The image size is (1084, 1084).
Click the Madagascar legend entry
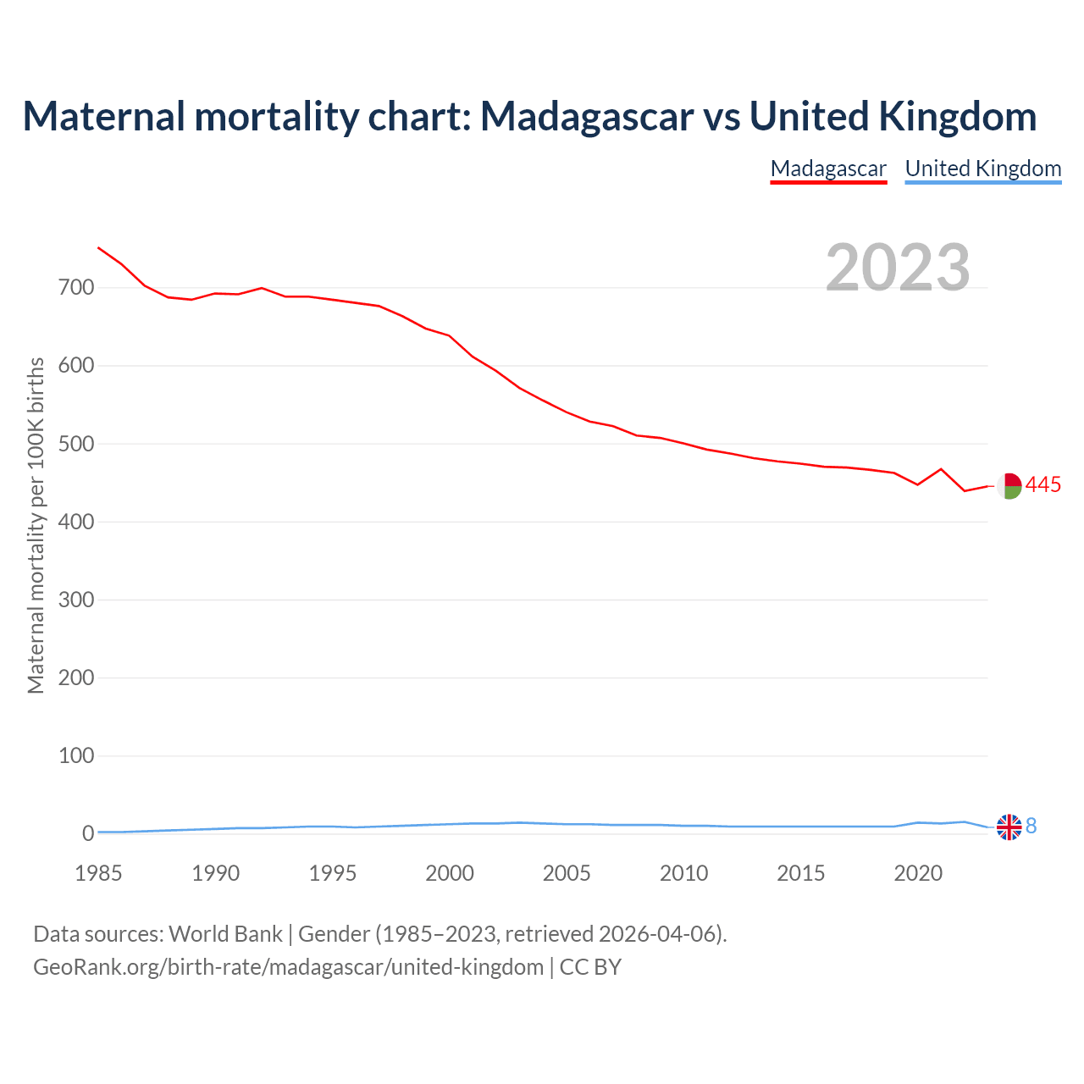point(828,169)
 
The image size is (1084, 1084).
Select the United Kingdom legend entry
point(982,169)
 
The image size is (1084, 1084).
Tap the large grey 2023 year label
point(898,268)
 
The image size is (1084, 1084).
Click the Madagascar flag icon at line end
point(1009,485)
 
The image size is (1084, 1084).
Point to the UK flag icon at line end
point(1009,827)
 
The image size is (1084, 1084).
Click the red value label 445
point(1043,485)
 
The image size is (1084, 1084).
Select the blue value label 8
point(1031,827)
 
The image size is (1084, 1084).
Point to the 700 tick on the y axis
point(76,288)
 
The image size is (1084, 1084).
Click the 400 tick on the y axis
point(76,522)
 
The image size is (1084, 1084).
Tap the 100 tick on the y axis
point(76,755)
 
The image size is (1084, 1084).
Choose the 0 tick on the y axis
point(88,833)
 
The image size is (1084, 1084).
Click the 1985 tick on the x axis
point(98,873)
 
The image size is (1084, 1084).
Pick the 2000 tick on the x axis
point(450,873)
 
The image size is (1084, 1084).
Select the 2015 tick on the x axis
point(801,873)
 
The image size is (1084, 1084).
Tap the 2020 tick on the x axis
point(918,873)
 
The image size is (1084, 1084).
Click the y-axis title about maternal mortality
point(36,525)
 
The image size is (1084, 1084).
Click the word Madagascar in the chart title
point(587,117)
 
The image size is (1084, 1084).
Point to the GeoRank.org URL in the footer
point(288,967)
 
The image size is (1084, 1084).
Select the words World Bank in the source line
point(225,934)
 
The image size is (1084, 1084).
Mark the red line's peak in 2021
point(941,468)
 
